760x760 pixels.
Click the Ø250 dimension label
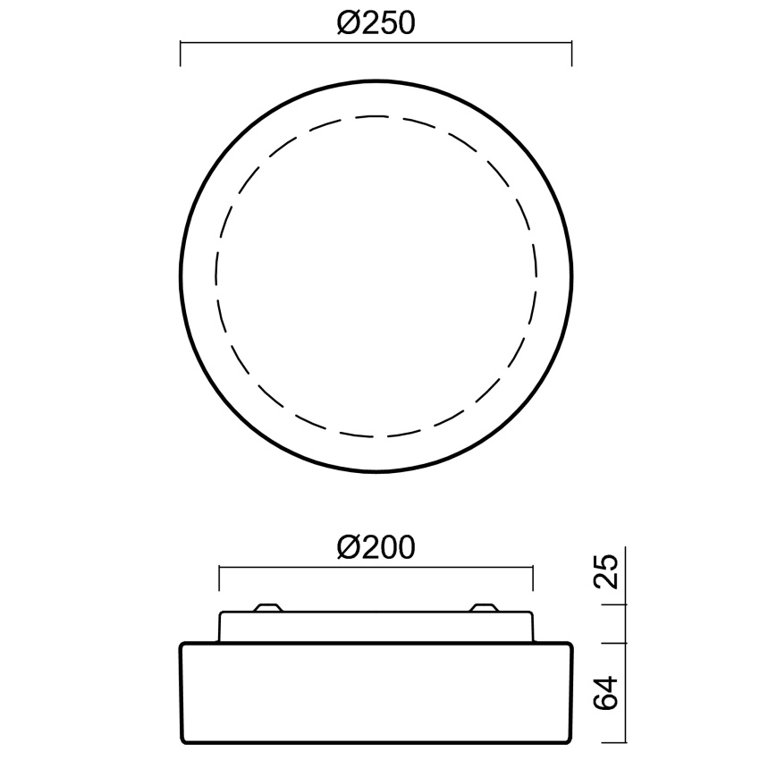tap(376, 22)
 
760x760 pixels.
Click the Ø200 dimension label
tap(376, 547)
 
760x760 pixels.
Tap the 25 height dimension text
tap(606, 571)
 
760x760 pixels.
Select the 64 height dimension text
tap(606, 693)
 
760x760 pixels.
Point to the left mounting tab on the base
tap(268, 607)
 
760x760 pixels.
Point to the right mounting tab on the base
tap(485, 607)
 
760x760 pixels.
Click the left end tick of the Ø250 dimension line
tap(181, 54)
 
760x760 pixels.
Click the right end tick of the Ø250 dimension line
tap(572, 54)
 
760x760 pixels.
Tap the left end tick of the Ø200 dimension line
tap(219, 578)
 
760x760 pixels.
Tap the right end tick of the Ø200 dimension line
tap(533, 578)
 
